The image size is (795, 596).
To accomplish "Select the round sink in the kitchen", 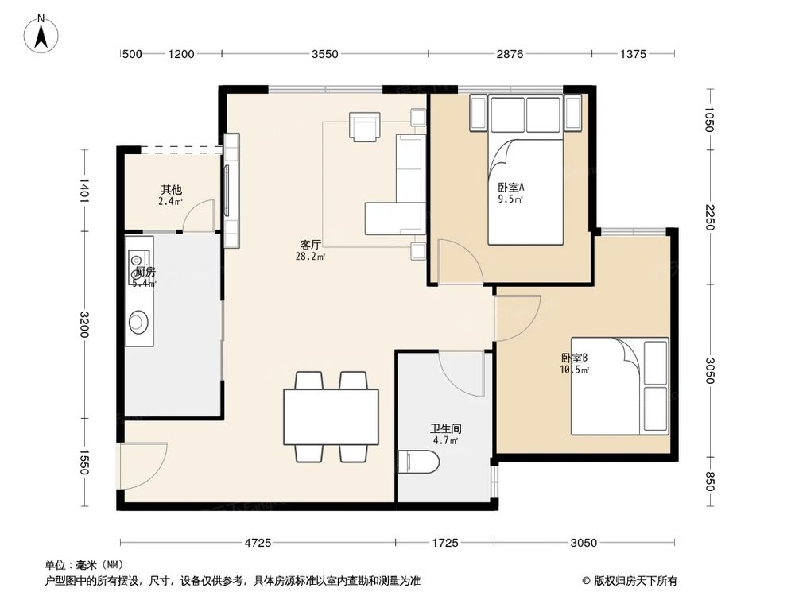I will pos(138,322).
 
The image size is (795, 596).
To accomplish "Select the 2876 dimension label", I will pos(509,54).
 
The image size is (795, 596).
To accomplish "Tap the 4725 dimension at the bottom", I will pos(258,543).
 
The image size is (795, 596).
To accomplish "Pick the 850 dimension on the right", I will pos(710,482).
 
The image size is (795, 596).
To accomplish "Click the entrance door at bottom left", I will pos(142,465).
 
